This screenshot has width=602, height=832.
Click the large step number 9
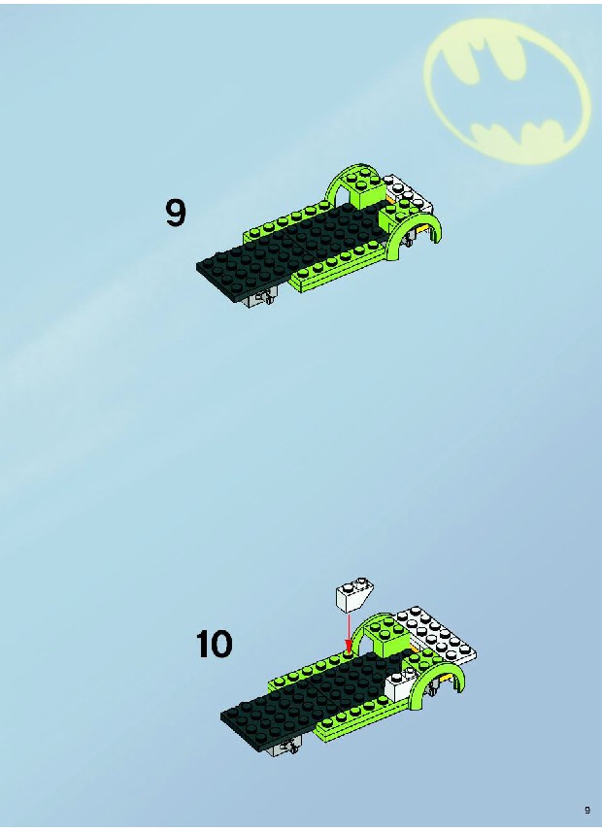(176, 213)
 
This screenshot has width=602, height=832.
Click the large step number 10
(215, 644)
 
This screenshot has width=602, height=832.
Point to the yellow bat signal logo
(507, 91)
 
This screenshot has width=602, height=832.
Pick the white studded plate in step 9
(408, 193)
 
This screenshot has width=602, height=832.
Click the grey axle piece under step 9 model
(259, 299)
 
